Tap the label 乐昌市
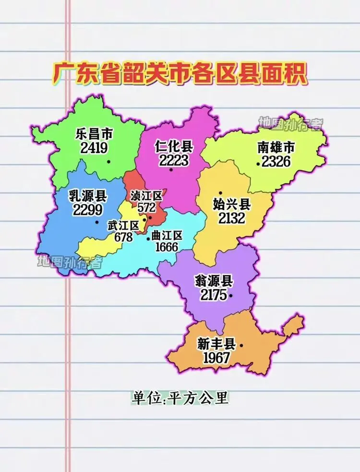pos(94,134)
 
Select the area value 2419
pos(94,148)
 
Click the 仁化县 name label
pos(174,146)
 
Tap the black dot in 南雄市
pos(258,164)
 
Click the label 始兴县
pos(232,205)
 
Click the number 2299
pos(88,210)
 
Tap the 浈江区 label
pos(146,196)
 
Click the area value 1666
pos(167,247)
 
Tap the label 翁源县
pos(214,281)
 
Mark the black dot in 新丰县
pos(241,345)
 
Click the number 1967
pos(216,358)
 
